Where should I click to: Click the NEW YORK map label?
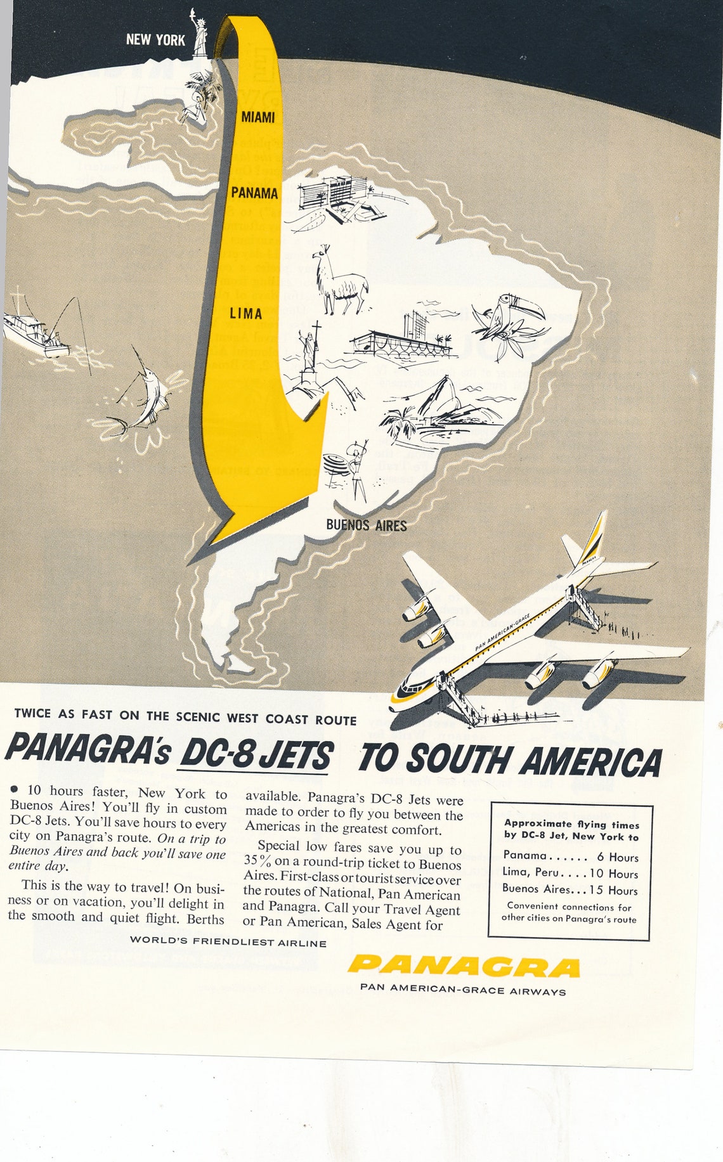(x=155, y=40)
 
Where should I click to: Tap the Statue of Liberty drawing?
(x=200, y=35)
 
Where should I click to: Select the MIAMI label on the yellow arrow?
(x=257, y=117)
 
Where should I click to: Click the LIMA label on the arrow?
(x=245, y=313)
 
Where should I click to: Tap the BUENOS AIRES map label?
(x=366, y=525)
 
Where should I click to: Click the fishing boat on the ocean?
(x=35, y=333)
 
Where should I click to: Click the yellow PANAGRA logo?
(x=463, y=967)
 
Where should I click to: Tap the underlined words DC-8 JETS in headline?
(x=255, y=756)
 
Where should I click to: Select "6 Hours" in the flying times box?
(x=617, y=858)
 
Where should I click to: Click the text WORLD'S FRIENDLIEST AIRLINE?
(x=228, y=942)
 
